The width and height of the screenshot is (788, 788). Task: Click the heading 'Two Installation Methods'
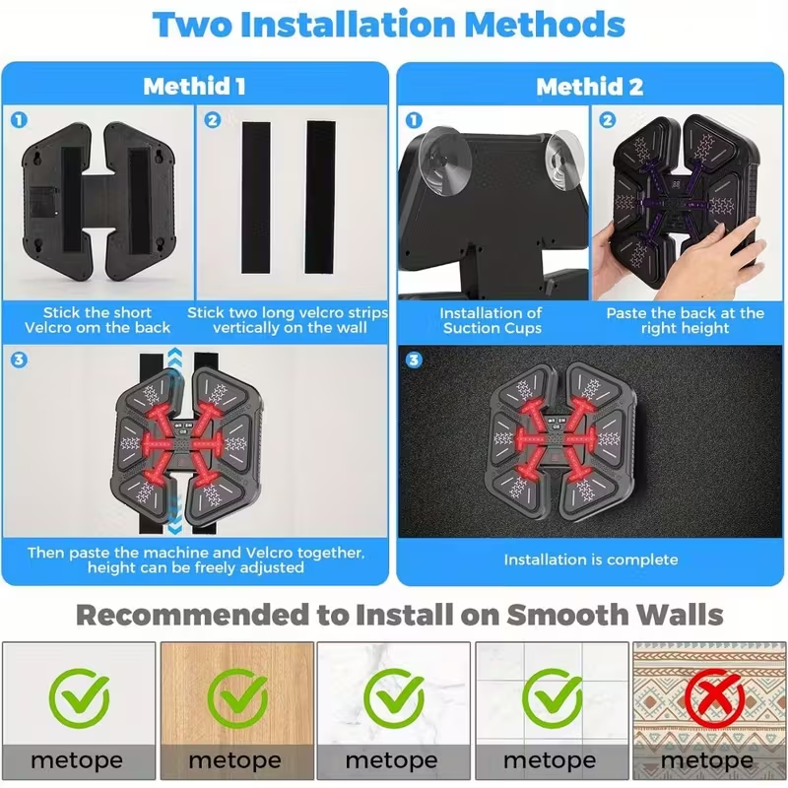pos(388,24)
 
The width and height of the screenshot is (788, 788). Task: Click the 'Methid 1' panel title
pos(194,86)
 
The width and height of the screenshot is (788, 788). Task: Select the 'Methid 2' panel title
pos(589,87)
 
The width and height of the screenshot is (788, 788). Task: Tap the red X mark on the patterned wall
pos(715,698)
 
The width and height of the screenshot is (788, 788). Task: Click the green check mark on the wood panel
pos(237,698)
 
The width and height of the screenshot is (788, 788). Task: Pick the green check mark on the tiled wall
pos(552,698)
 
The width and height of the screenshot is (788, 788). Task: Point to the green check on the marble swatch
pos(394,698)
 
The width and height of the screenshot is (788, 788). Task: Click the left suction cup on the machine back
pos(444,162)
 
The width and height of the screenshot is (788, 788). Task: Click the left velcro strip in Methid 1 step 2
pos(256,198)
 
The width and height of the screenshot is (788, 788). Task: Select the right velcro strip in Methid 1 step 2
pos(321,197)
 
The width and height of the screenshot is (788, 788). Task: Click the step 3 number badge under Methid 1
pos(19,360)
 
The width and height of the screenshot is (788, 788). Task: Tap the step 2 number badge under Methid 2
pos(608,120)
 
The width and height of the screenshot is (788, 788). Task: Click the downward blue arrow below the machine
pos(175,513)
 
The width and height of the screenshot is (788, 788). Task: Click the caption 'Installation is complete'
pos(591,559)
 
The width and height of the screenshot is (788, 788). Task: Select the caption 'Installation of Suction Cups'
pos(491,321)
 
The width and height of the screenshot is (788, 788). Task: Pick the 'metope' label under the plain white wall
pos(77,760)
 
